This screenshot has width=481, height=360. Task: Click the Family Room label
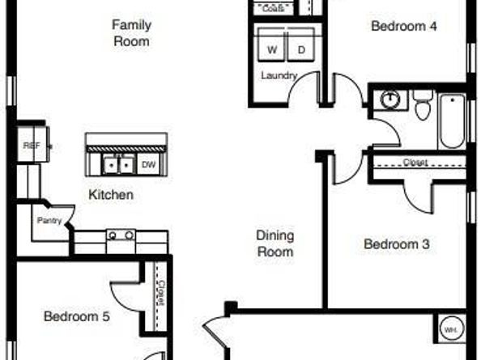pos(131,32)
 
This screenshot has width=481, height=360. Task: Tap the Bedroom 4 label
pos(403,26)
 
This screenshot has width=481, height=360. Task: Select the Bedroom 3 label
pos(396,244)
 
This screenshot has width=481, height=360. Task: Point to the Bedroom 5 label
pos(76,316)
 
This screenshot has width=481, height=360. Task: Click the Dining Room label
pos(275,244)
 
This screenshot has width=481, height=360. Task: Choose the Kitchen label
pos(111,195)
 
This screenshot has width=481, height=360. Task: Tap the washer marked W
pos(272,50)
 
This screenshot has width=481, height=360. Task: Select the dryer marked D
pos(301,50)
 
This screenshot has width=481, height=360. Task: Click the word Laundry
pos(279,75)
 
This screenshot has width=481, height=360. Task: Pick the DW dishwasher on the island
pos(149,164)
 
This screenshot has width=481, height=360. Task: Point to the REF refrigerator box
pos(32,146)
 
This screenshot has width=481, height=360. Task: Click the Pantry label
pos(47,219)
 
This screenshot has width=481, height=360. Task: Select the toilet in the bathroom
pos(422,105)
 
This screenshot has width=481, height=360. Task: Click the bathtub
pos(452,121)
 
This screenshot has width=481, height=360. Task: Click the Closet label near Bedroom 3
pos(415,162)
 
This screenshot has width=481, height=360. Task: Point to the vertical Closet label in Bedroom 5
pos(160,292)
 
